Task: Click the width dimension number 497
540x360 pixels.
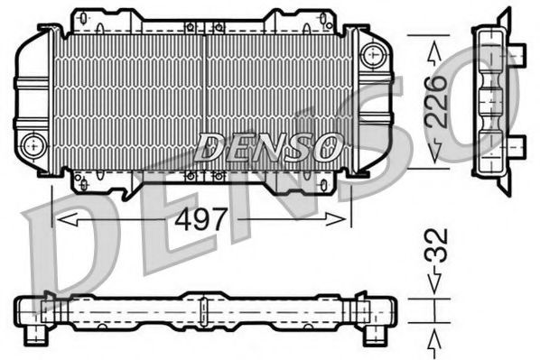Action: click(x=203, y=219)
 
